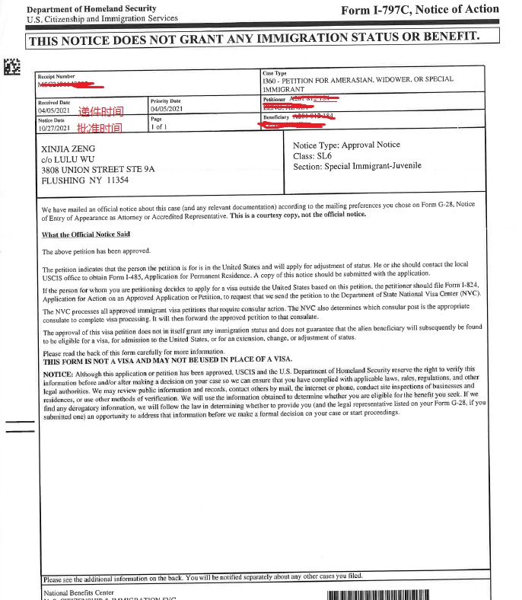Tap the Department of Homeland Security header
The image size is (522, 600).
click(x=91, y=8)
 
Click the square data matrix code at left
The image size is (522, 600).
click(x=12, y=67)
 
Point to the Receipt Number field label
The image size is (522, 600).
click(x=56, y=76)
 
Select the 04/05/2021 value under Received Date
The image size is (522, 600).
click(x=54, y=110)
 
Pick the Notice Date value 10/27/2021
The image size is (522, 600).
click(x=54, y=129)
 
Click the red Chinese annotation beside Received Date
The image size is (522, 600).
click(x=100, y=110)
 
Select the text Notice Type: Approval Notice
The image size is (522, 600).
click(x=346, y=145)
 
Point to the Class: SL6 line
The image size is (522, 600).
click(x=316, y=155)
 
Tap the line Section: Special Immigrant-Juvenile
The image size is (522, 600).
click(x=357, y=166)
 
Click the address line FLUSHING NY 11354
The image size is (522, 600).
click(x=85, y=180)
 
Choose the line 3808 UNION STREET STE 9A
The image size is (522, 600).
click(x=97, y=170)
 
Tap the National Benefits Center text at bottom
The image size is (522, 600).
click(x=79, y=592)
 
